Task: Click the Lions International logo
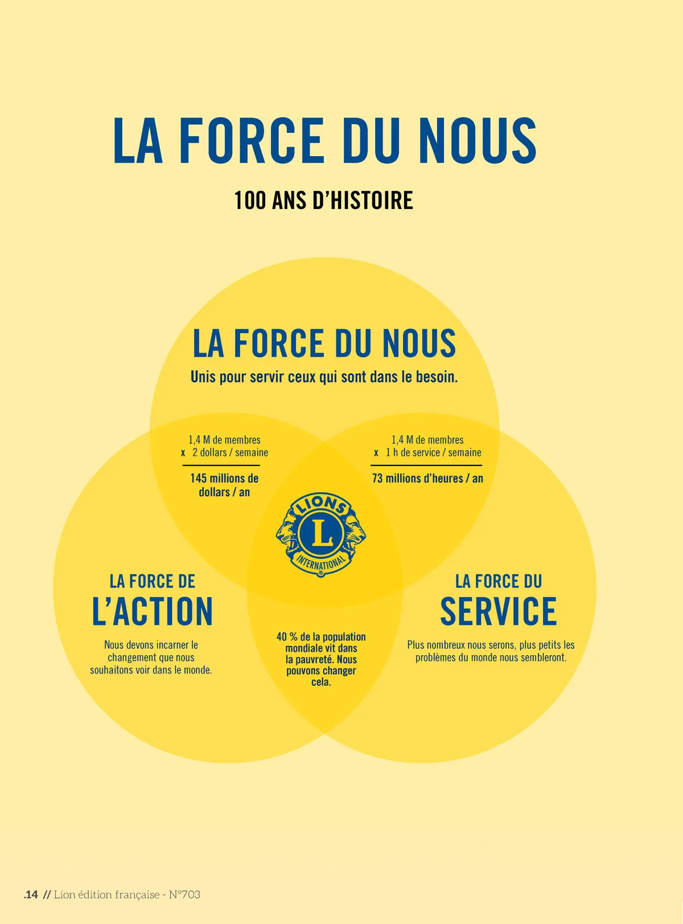click(x=321, y=534)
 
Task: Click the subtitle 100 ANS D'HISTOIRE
click(x=323, y=201)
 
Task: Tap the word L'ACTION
click(x=153, y=612)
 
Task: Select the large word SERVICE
click(x=498, y=612)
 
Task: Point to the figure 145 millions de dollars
click(x=224, y=485)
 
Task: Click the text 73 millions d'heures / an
click(x=427, y=479)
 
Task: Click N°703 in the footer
click(x=184, y=894)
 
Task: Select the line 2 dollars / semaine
click(x=230, y=452)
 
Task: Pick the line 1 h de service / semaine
click(x=433, y=452)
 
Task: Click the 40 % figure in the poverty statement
click(x=286, y=637)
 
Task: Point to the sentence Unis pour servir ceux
click(x=324, y=377)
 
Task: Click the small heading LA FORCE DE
click(x=153, y=582)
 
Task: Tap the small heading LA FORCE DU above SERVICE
click(x=498, y=582)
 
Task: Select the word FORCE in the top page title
click(x=252, y=141)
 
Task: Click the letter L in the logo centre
click(x=320, y=533)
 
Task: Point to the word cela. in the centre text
click(x=321, y=682)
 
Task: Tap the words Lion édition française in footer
click(x=106, y=894)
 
